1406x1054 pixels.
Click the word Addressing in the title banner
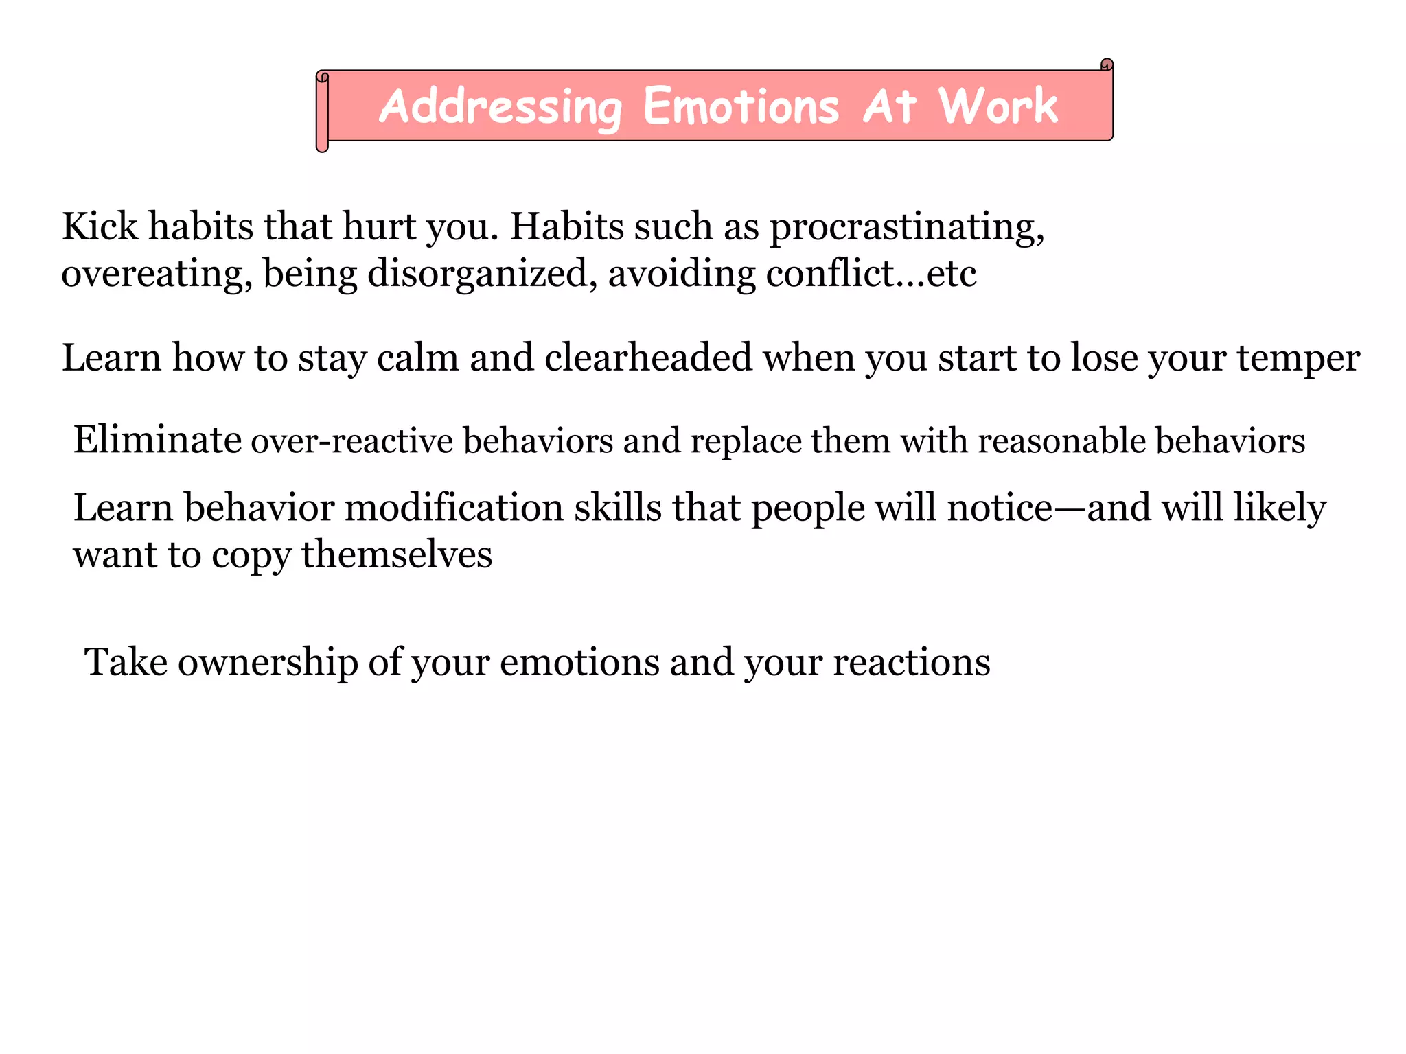(500, 107)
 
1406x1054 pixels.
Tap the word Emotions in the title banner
(741, 107)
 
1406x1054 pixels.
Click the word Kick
(100, 226)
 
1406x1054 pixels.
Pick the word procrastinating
(906, 227)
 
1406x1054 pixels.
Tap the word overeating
(156, 274)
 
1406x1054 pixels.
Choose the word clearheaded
(648, 358)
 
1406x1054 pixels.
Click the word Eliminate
(157, 439)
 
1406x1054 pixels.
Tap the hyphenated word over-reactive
(351, 441)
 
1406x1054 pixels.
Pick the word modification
(454, 508)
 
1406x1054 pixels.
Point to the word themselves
(396, 554)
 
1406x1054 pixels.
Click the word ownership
(268, 663)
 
